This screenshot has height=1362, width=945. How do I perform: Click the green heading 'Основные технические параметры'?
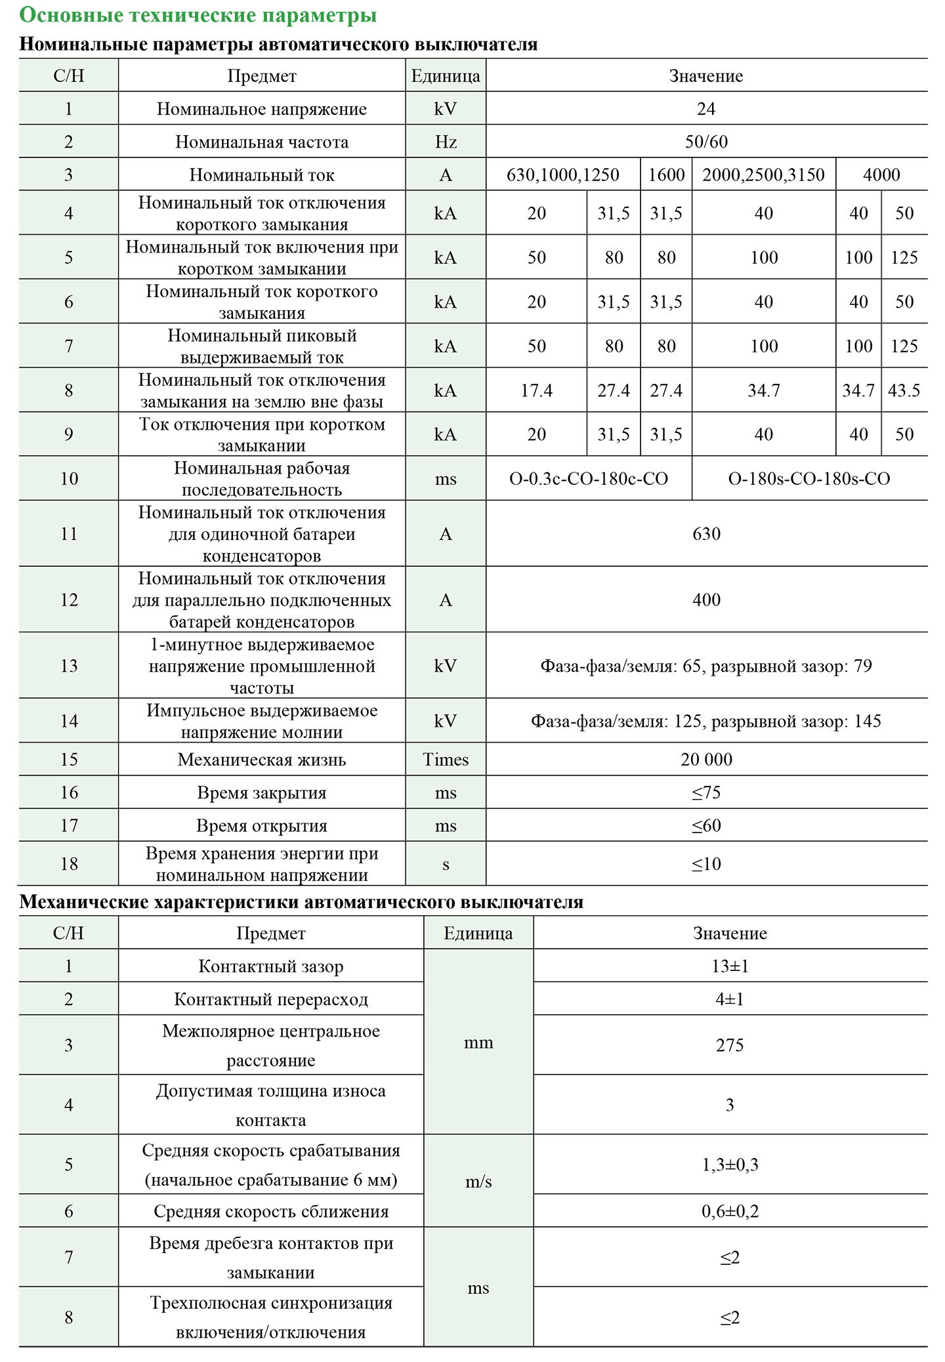pyautogui.click(x=198, y=15)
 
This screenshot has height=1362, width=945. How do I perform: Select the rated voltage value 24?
pyautogui.click(x=706, y=109)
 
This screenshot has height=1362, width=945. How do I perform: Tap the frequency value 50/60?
pyautogui.click(x=706, y=142)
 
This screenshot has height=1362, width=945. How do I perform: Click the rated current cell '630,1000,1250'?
pyautogui.click(x=563, y=175)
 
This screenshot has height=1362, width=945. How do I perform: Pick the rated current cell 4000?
pyautogui.click(x=881, y=175)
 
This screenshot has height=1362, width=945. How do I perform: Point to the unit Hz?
pyautogui.click(x=446, y=142)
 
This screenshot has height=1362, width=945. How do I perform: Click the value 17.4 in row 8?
pyautogui.click(x=537, y=391)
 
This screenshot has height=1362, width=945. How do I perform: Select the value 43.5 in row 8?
pyautogui.click(x=904, y=391)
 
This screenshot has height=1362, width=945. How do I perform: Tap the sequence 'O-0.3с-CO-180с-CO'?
pyautogui.click(x=589, y=479)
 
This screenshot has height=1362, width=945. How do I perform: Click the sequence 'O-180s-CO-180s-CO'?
pyautogui.click(x=809, y=479)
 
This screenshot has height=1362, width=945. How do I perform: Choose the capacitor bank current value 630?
pyautogui.click(x=706, y=534)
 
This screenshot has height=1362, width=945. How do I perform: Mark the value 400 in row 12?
pyautogui.click(x=706, y=600)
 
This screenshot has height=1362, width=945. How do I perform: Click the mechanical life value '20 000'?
pyautogui.click(x=706, y=760)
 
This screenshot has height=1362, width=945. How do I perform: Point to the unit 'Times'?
pyautogui.click(x=446, y=760)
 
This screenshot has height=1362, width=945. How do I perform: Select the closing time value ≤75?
pyautogui.click(x=706, y=793)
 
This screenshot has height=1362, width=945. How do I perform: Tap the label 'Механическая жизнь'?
pyautogui.click(x=262, y=760)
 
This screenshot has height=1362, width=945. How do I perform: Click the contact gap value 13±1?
pyautogui.click(x=730, y=966)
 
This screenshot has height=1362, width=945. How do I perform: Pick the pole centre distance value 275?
pyautogui.click(x=730, y=1045)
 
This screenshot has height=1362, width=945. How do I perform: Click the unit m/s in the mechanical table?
pyautogui.click(x=478, y=1182)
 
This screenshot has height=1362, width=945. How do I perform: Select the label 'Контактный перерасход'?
pyautogui.click(x=271, y=999)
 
